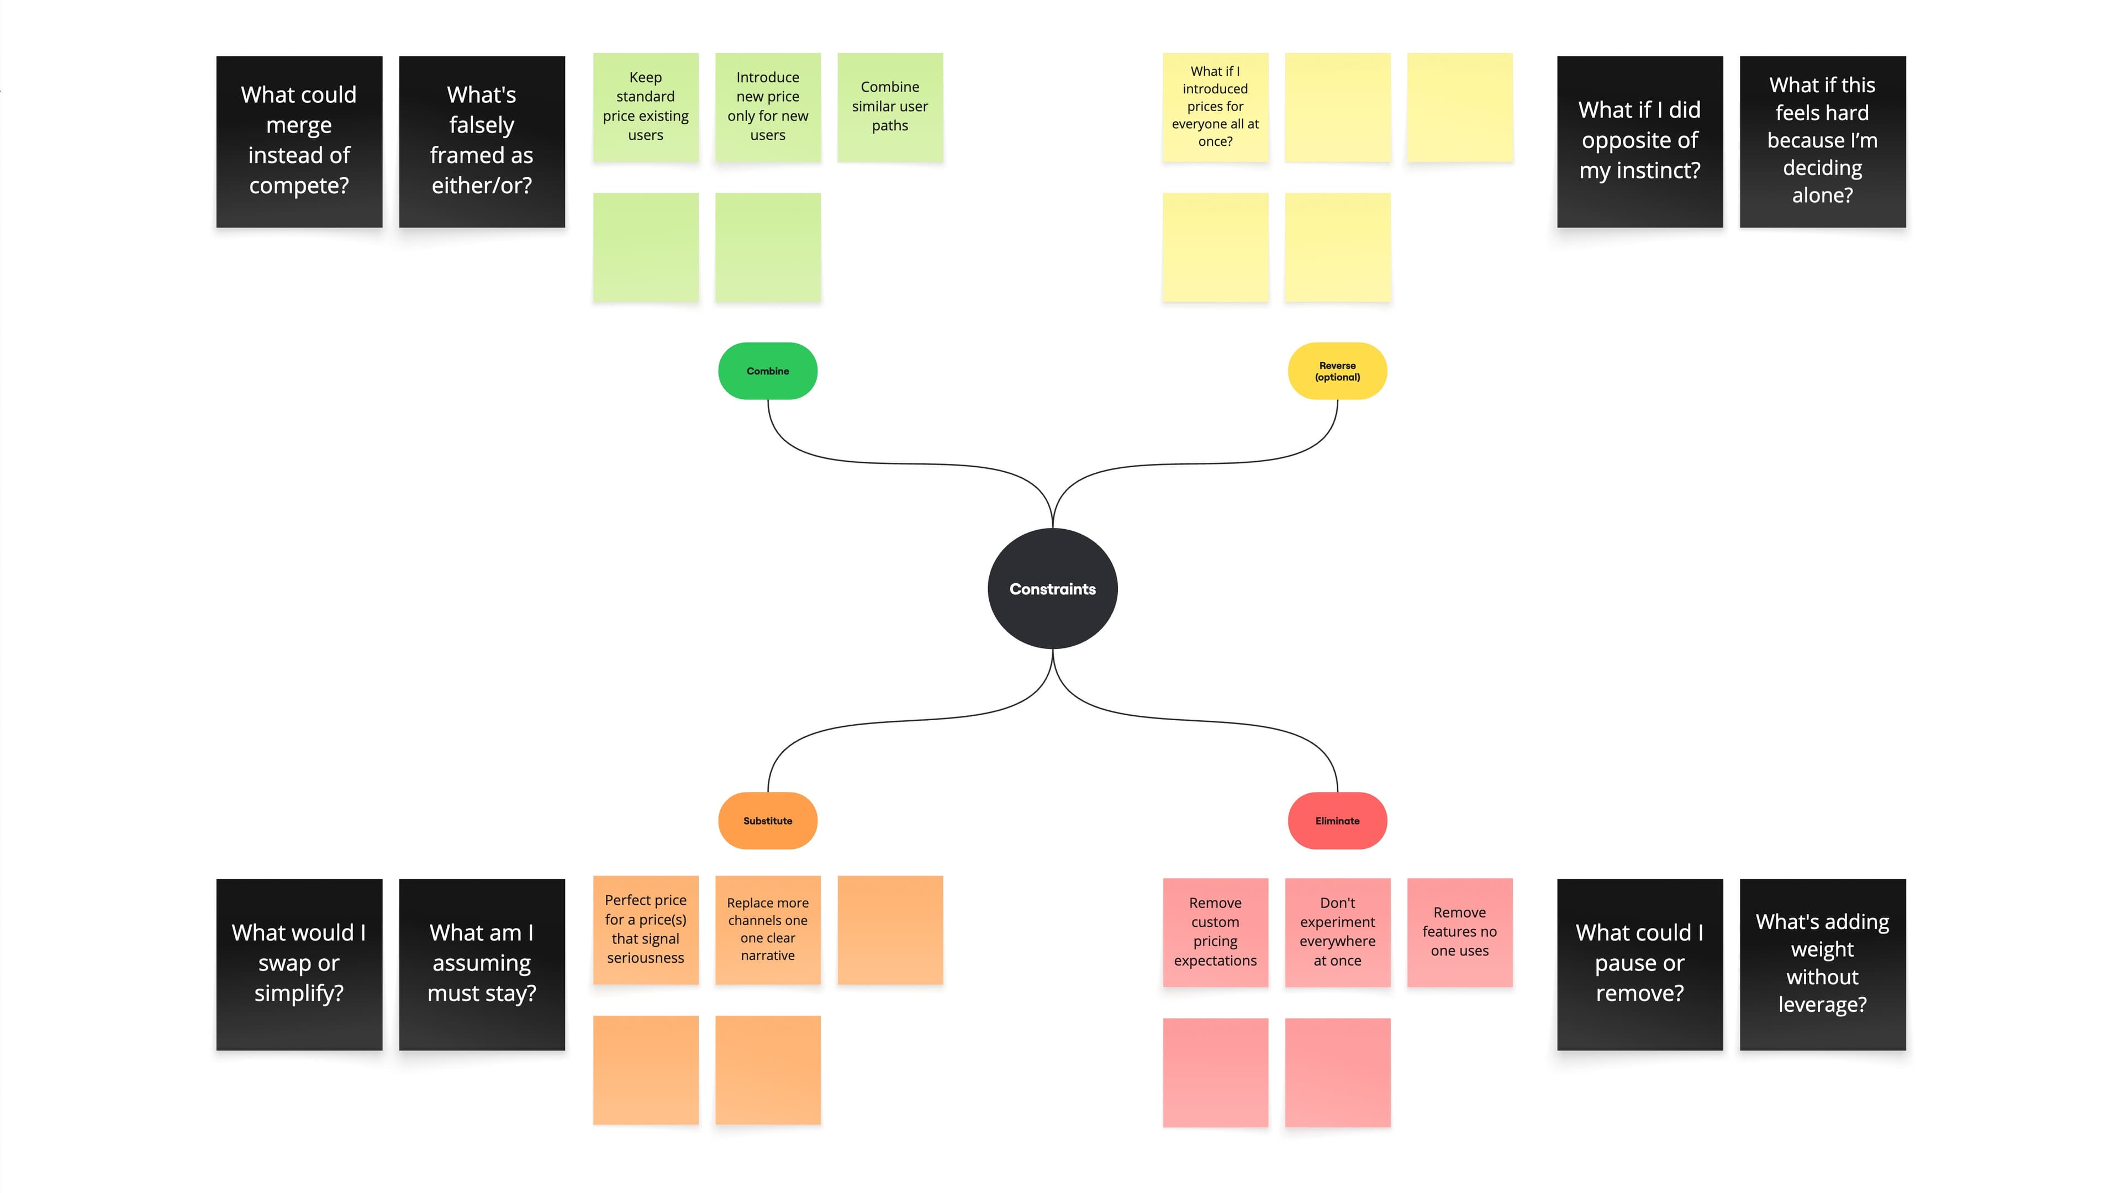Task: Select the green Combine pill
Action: pos(767,371)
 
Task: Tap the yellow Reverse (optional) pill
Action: pos(1337,371)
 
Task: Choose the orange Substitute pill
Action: pos(767,821)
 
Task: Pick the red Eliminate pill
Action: pos(1337,821)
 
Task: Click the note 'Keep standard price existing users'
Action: pos(646,107)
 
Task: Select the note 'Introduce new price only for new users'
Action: pos(767,107)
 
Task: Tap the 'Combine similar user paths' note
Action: pos(890,107)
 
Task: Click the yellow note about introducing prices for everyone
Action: pos(1215,107)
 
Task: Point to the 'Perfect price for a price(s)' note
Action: pos(646,930)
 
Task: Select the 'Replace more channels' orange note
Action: pos(767,930)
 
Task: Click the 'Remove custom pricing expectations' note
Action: pos(1215,932)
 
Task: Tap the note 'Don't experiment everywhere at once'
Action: pos(1337,932)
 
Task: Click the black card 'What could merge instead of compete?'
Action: pos(299,141)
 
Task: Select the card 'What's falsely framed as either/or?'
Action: pos(482,141)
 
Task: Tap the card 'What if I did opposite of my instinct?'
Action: pos(1639,141)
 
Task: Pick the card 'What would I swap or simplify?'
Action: pos(299,964)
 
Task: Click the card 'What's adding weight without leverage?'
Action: pos(1822,964)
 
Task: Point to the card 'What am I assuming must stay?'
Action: pos(482,964)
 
